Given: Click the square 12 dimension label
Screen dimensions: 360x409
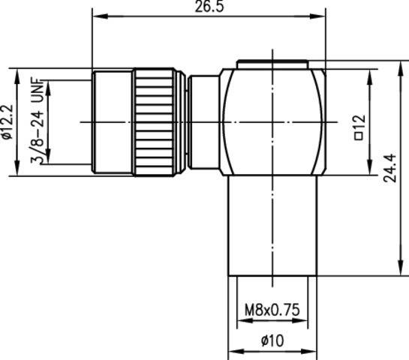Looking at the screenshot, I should [358, 127].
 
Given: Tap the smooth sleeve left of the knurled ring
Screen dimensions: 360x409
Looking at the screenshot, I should [113, 121].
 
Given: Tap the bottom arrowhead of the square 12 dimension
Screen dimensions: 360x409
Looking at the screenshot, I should [369, 171].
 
